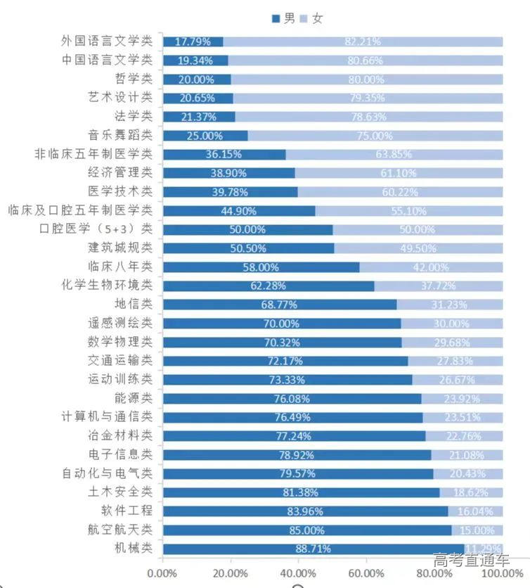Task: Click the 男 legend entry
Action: (x=283, y=18)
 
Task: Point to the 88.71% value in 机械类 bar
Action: (x=313, y=549)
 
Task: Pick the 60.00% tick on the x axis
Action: (x=366, y=573)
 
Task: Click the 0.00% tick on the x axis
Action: (x=163, y=573)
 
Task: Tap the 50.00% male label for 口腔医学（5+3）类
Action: (x=247, y=229)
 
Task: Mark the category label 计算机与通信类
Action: (x=107, y=416)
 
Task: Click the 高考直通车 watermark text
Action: (x=472, y=561)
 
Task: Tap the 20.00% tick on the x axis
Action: (x=231, y=573)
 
